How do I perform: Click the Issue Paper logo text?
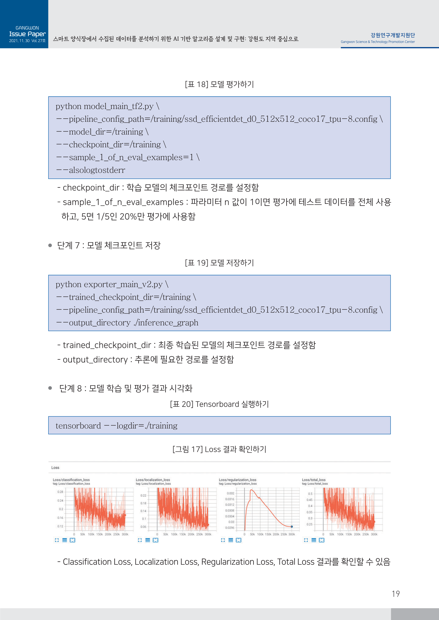27,34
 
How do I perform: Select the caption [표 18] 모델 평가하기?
219,84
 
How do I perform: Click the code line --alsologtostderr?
91,170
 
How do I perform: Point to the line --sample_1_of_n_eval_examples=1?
127,157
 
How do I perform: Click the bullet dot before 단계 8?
50,388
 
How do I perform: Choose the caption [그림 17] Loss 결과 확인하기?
219,449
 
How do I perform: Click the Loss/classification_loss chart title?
71,480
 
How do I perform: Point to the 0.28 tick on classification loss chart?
60,492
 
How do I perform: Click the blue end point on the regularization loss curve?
292,526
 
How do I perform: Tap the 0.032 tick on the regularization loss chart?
230,493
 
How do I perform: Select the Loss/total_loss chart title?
314,480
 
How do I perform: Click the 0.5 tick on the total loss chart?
310,494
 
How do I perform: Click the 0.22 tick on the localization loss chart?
143,495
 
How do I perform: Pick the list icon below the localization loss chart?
148,540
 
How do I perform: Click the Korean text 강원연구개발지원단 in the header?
392,35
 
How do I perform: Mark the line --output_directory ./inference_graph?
127,323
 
